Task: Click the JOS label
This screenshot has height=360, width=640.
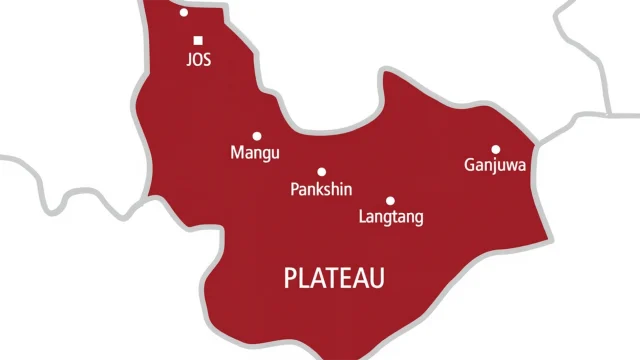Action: [x=199, y=60]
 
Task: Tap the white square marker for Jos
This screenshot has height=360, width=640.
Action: [x=198, y=41]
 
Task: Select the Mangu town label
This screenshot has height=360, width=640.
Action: [x=255, y=154]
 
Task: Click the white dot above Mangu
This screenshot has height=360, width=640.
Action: [x=257, y=136]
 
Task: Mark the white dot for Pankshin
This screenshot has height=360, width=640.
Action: [x=322, y=171]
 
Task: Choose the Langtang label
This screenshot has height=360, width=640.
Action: [x=391, y=217]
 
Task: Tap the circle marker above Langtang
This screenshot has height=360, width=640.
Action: [x=390, y=200]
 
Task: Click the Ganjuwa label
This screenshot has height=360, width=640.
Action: [x=495, y=165]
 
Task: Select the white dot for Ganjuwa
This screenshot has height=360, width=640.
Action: [x=495, y=148]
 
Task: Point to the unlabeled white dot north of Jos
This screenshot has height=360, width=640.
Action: [x=183, y=13]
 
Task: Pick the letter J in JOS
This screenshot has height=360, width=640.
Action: [x=189, y=60]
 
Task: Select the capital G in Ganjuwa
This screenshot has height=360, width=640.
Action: [x=470, y=164]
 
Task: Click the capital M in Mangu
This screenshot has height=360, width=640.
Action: [x=236, y=154]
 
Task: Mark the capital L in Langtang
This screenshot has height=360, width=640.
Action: [x=362, y=217]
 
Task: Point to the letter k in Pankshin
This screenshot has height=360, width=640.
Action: [x=320, y=189]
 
